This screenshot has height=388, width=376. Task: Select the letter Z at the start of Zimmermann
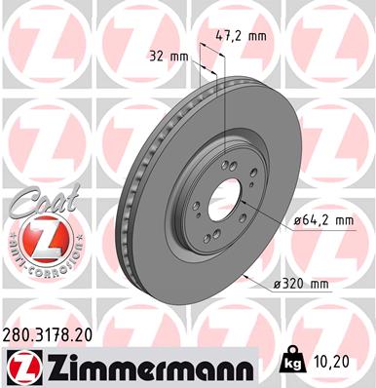tap(52, 365)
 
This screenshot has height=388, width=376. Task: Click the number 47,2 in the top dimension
tap(227, 37)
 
